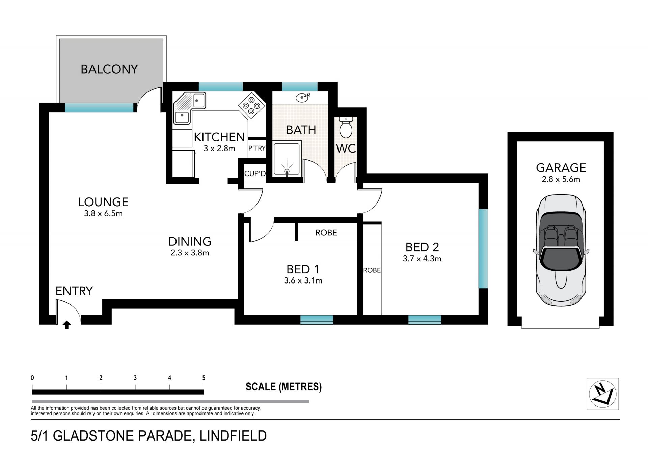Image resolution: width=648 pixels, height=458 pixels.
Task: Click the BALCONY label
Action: [109, 69]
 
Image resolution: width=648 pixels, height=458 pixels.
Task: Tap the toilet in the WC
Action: [346, 127]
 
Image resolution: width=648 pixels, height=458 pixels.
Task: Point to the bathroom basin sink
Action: [302, 98]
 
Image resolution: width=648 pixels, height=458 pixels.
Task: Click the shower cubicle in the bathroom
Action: [287, 160]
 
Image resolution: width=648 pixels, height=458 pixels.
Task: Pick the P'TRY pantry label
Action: [257, 148]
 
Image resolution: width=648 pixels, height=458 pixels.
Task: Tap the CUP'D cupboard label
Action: [255, 173]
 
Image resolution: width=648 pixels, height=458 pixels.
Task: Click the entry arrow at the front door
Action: [67, 325]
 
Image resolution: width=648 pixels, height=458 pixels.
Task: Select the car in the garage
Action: [561, 250]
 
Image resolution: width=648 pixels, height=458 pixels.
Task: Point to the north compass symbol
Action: [603, 394]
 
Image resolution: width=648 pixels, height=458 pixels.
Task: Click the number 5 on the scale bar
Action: [204, 378]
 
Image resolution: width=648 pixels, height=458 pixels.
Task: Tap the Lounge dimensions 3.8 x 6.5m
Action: [103, 213]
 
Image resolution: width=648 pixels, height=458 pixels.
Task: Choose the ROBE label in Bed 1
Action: [326, 233]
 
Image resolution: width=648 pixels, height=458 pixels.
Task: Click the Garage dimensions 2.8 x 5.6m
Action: [561, 179]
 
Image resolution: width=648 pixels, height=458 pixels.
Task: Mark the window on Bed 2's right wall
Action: [483, 249]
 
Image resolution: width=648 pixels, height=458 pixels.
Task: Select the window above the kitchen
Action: [221, 87]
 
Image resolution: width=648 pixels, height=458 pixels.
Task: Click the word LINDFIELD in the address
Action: [233, 436]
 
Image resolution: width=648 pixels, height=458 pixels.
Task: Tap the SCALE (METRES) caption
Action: [283, 387]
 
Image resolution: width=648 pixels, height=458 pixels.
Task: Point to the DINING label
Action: [190, 242]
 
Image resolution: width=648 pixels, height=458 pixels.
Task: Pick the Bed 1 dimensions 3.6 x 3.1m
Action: [303, 280]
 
